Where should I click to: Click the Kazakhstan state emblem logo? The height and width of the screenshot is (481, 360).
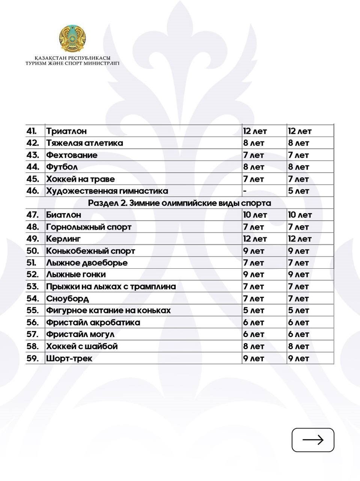(72, 39)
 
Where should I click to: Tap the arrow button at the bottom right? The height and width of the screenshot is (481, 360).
(313, 440)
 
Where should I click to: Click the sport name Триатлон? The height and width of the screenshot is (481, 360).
(66, 131)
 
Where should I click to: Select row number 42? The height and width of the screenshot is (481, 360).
(33, 143)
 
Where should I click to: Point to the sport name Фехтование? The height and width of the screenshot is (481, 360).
(72, 155)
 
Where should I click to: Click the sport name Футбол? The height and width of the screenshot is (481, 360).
(62, 167)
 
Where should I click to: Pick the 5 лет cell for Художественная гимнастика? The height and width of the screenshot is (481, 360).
(298, 191)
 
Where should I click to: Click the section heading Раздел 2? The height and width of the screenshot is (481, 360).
(179, 203)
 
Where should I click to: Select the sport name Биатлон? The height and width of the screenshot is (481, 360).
(63, 215)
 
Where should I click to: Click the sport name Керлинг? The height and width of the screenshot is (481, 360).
(63, 239)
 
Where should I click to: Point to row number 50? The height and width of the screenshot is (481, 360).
(33, 251)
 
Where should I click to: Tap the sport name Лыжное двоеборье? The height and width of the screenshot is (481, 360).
(87, 263)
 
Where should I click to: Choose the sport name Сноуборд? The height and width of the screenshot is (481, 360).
(68, 299)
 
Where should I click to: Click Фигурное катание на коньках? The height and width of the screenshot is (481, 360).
(108, 311)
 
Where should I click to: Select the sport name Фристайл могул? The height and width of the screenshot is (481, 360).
(80, 334)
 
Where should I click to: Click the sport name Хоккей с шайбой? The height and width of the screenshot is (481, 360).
(82, 346)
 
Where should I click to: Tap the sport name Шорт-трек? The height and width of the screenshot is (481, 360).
(69, 358)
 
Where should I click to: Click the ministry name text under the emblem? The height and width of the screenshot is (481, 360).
(72, 61)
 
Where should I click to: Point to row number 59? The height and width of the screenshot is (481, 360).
(33, 358)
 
